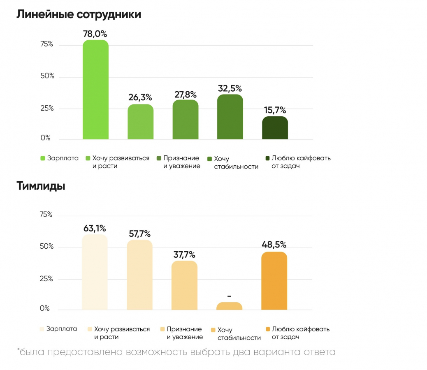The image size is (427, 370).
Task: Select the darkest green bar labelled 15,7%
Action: coord(275,128)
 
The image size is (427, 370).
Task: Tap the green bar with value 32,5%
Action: coord(230,117)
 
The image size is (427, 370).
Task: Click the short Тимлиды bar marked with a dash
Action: coord(229,306)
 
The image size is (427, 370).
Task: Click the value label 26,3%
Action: coord(140,98)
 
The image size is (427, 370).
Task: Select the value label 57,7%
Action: coord(139,234)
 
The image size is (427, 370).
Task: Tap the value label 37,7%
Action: coord(184,255)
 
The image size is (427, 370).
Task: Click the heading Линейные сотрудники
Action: coord(79,15)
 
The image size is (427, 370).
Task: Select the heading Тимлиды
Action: coord(41,186)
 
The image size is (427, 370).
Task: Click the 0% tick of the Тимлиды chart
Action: coord(45,308)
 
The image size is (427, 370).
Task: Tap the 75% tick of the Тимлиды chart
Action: coord(46,215)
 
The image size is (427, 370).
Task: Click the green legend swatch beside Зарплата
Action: coord(43,158)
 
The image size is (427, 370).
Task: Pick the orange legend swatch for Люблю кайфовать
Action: coord(268,329)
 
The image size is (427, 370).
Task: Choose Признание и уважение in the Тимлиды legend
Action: coord(184,333)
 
